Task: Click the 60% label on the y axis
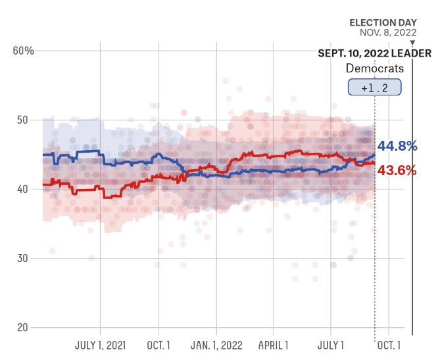(24, 51)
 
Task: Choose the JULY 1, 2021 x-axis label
(101, 345)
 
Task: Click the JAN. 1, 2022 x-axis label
(216, 345)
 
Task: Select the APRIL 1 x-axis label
(274, 345)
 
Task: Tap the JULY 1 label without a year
(331, 345)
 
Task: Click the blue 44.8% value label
(397, 146)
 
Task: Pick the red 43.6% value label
(397, 170)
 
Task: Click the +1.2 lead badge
(374, 88)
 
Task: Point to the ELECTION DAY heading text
(383, 23)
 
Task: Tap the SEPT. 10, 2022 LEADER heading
(374, 53)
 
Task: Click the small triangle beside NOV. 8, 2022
(412, 42)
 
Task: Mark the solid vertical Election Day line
(412, 197)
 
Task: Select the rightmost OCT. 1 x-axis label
(389, 345)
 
